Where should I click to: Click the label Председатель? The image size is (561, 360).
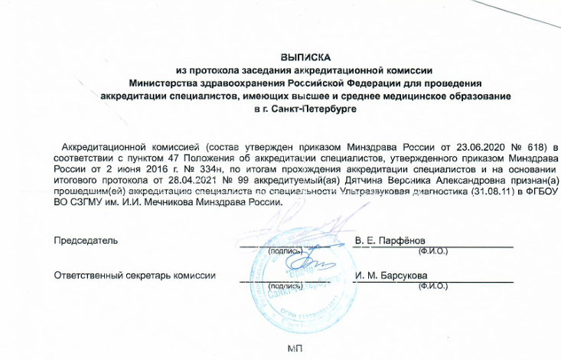[86, 241]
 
